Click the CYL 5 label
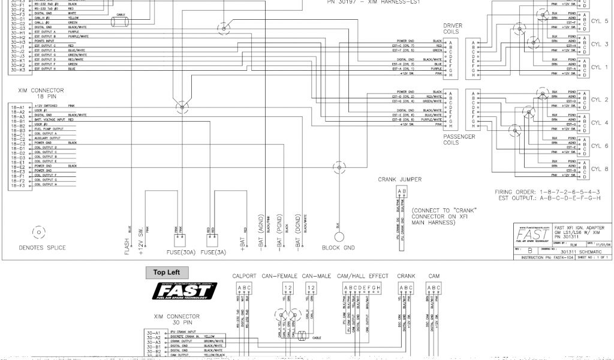[x=599, y=21]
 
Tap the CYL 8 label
[x=599, y=169]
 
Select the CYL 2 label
[x=599, y=100]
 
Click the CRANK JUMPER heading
[x=399, y=179]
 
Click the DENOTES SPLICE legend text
[x=43, y=247]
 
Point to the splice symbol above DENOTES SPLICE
[x=38, y=232]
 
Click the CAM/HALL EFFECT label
[x=354, y=276]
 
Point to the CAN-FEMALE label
[x=280, y=276]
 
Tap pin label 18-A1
[x=17, y=106]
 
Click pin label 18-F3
[x=17, y=185]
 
